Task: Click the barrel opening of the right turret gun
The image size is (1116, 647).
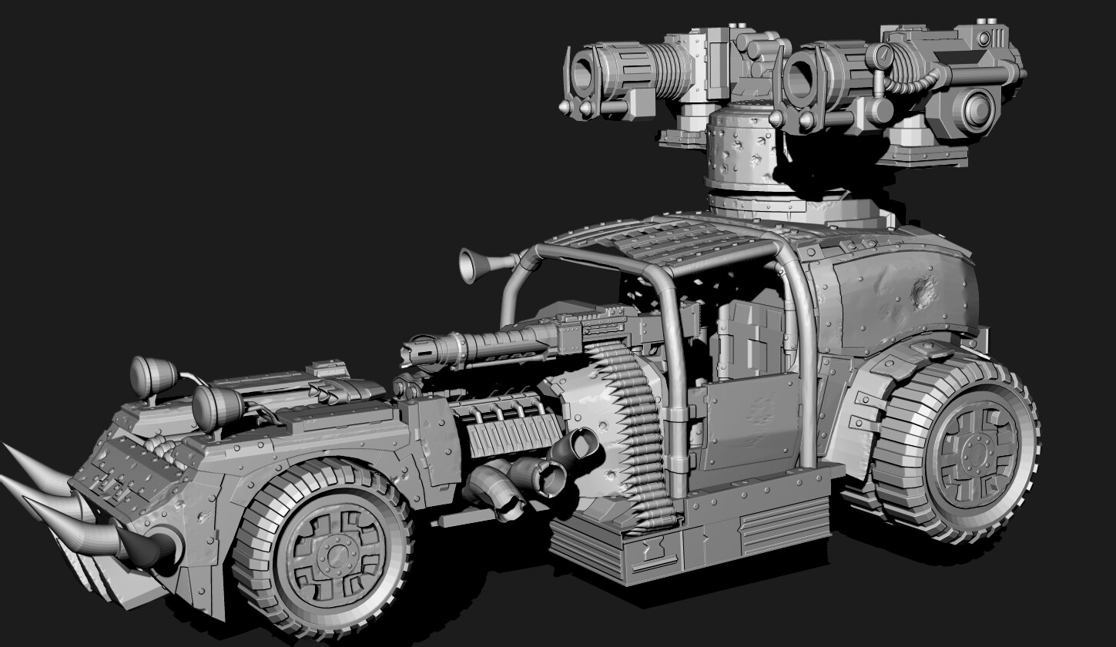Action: pos(801,79)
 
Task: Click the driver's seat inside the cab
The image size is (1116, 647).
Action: pos(747,339)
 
